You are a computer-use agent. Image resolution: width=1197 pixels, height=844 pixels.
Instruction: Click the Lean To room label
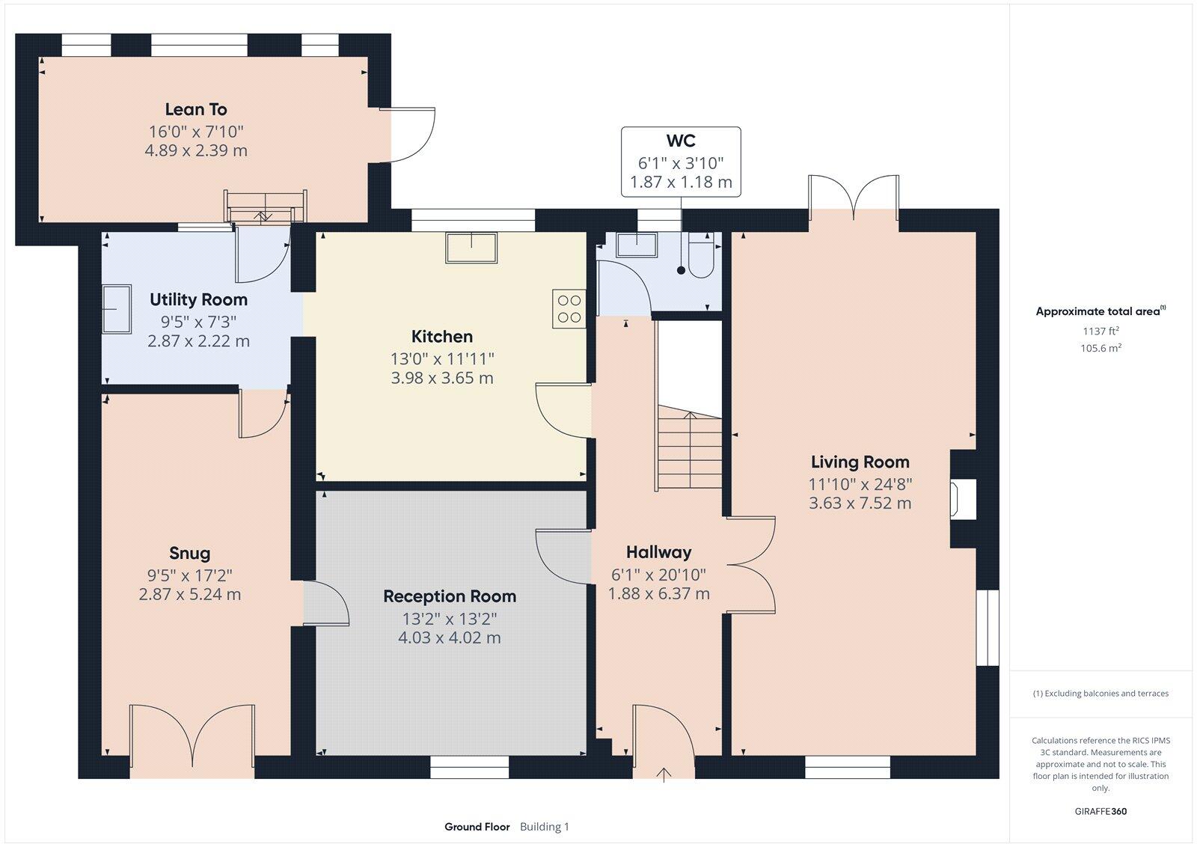[x=196, y=109]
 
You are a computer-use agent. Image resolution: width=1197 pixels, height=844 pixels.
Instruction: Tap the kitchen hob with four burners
[x=569, y=308]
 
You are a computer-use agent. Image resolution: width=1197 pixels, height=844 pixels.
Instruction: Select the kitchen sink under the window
[x=471, y=248]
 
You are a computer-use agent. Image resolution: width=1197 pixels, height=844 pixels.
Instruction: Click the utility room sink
[x=117, y=308]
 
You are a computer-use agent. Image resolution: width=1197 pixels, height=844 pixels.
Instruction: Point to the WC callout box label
[x=681, y=141]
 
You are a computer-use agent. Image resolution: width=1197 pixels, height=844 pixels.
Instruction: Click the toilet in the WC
[x=702, y=257]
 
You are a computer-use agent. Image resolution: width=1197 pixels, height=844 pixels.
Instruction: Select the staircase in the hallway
[x=690, y=449]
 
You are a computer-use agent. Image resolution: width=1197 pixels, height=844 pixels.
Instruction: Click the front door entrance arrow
[x=664, y=774]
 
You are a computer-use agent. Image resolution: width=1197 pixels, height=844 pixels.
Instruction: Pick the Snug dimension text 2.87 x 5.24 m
[x=190, y=595]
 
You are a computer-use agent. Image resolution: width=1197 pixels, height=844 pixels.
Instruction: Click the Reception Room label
[x=450, y=596]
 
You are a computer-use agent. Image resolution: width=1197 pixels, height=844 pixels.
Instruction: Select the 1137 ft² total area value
[x=1100, y=331]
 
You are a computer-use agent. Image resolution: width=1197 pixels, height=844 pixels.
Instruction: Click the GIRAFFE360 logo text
[x=1100, y=811]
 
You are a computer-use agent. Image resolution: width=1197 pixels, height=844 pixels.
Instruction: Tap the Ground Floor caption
[x=477, y=827]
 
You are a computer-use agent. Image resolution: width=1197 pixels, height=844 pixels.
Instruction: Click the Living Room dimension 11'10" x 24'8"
[x=860, y=484]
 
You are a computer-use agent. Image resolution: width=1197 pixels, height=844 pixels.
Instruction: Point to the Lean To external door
[x=408, y=135]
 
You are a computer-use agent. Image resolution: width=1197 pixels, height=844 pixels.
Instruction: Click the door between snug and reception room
[x=325, y=603]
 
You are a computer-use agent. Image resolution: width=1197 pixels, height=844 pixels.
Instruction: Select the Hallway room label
[x=658, y=552]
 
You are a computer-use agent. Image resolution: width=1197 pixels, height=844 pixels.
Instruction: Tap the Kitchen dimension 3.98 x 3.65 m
[x=442, y=378]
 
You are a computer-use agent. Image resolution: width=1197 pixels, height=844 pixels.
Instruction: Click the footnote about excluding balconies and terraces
[x=1100, y=694]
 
